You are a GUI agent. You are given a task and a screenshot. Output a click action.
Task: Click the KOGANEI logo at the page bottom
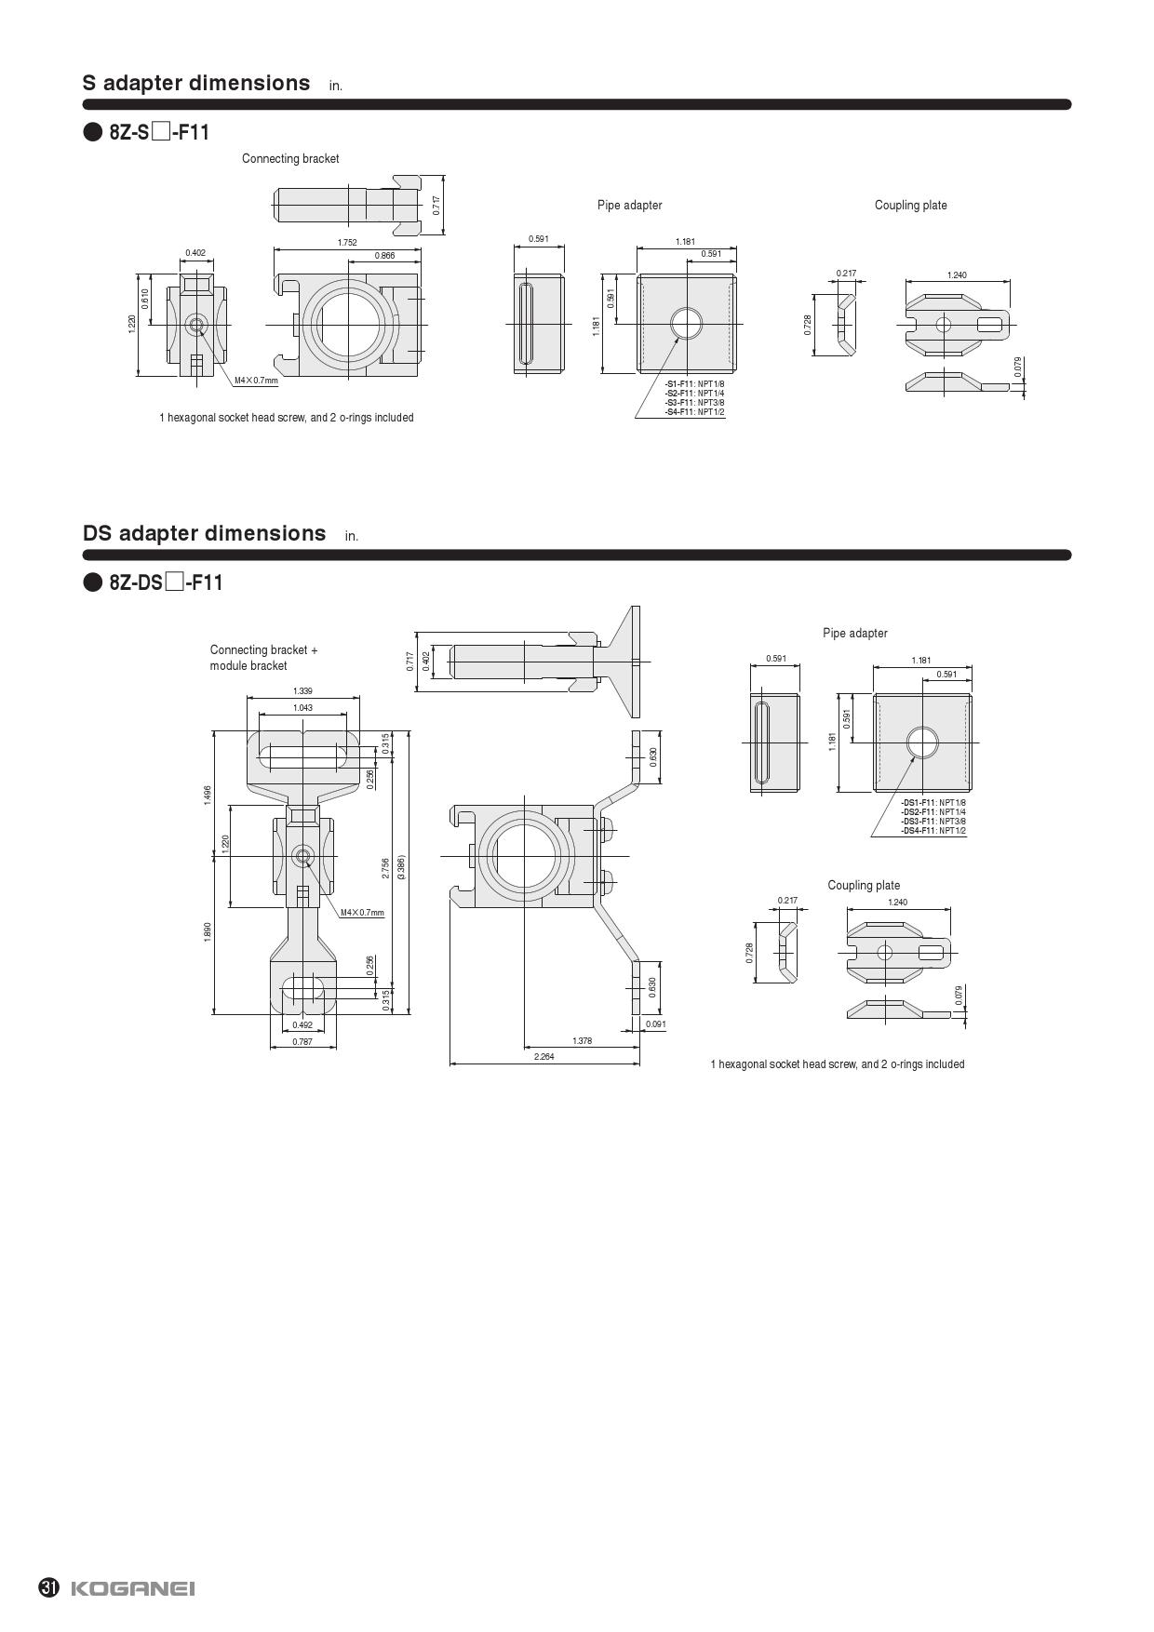132,1588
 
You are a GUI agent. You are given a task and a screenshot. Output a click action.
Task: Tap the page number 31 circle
49,1587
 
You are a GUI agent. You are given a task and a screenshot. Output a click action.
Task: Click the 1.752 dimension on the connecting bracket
347,243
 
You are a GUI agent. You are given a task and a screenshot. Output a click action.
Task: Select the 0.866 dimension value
384,256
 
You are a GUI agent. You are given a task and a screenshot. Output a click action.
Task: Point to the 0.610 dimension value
145,299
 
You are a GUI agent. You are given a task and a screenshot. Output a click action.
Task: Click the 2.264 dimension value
544,1057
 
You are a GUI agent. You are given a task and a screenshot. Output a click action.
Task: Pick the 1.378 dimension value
582,1041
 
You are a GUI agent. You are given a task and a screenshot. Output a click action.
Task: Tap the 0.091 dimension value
656,1025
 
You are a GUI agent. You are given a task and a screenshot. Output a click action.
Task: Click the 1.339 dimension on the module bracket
302,691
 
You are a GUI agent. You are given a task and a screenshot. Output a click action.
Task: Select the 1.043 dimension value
302,708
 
